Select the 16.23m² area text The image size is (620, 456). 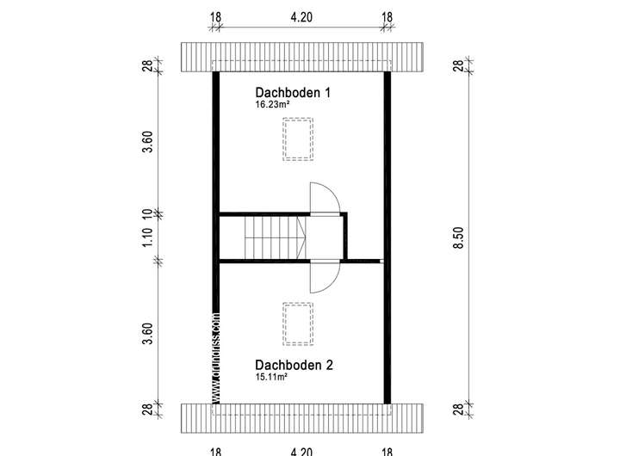point(271,105)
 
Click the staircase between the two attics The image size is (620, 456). point(275,237)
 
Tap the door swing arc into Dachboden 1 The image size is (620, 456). point(326,197)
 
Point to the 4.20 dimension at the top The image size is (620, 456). point(301,16)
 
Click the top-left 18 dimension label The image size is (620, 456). point(215,16)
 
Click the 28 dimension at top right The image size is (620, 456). point(458,65)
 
